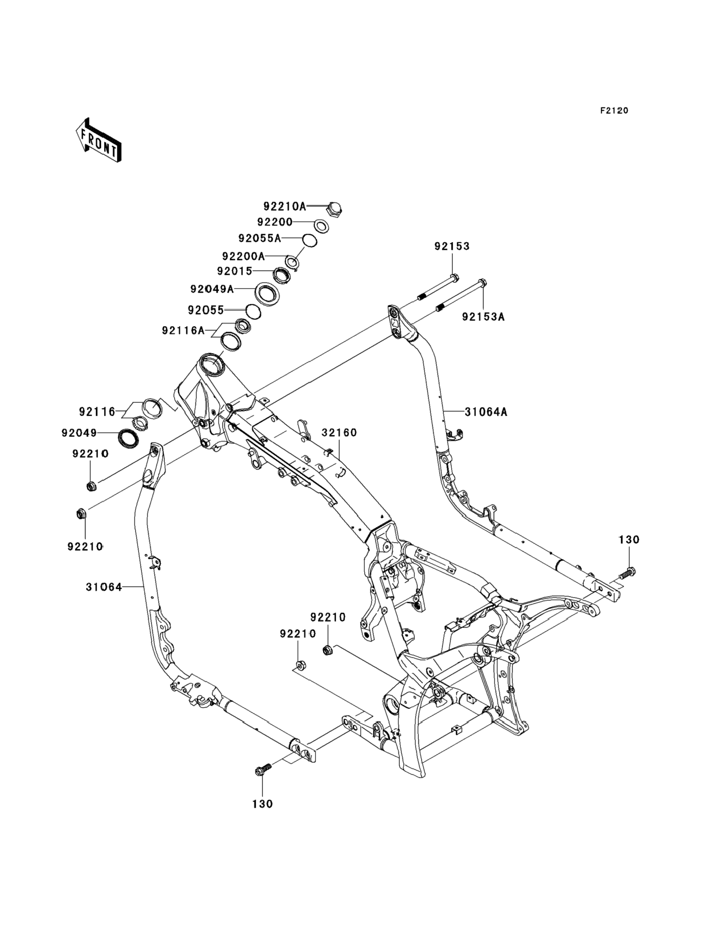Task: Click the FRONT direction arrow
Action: [x=98, y=140]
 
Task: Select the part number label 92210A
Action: [x=285, y=206]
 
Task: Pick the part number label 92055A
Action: [x=260, y=238]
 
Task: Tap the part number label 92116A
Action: [x=184, y=330]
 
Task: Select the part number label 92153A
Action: [x=483, y=316]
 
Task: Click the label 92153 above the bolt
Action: [x=452, y=246]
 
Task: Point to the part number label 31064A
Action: [x=486, y=412]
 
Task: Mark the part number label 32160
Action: [x=339, y=432]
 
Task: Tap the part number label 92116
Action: [x=97, y=412]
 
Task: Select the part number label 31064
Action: [x=104, y=587]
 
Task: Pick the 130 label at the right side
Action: [x=629, y=539]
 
